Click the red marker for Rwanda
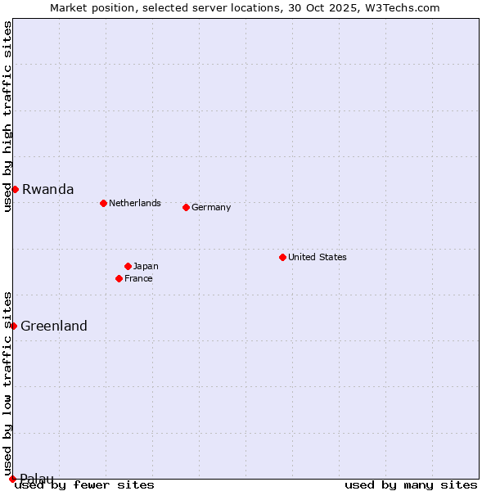pyautogui.click(x=15, y=189)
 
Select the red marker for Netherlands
pyautogui.click(x=103, y=203)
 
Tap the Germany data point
pyautogui.click(x=186, y=207)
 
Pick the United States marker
pyautogui.click(x=282, y=257)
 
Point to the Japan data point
pyautogui.click(x=128, y=266)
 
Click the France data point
pyautogui.click(x=119, y=278)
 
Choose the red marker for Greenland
pyautogui.click(x=13, y=326)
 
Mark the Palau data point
pyautogui.click(x=12, y=479)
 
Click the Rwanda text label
pyautogui.click(x=47, y=189)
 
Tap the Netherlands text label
pyautogui.click(x=134, y=203)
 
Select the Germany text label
pyautogui.click(x=211, y=207)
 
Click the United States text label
pyautogui.click(x=317, y=257)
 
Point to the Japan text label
pyautogui.click(x=146, y=266)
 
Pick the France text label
pyautogui.click(x=138, y=278)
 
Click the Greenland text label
pyautogui.click(x=53, y=326)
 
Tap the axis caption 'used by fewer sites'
pyautogui.click(x=85, y=485)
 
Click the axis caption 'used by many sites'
pyautogui.click(x=411, y=485)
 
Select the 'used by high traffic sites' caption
pyautogui.click(x=7, y=116)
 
